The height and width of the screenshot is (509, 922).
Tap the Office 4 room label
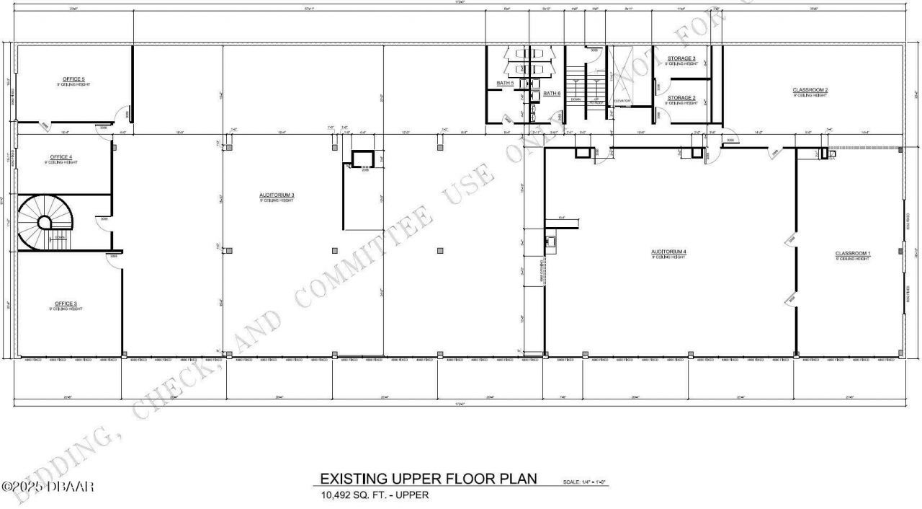(61, 156)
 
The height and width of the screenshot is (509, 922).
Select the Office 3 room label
(66, 304)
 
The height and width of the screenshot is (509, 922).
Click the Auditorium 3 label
(277, 195)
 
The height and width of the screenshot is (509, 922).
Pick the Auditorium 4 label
(669, 252)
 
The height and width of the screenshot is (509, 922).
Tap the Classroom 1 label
(853, 253)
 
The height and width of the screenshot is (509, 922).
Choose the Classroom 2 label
(810, 90)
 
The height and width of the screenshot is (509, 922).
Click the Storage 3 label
(681, 58)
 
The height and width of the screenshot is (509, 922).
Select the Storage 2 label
(681, 97)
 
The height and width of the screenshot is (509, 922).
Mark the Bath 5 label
(506, 84)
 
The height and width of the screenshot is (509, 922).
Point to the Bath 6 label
(552, 94)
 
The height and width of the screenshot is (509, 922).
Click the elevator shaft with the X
(622, 76)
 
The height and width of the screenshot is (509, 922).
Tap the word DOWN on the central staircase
(576, 100)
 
